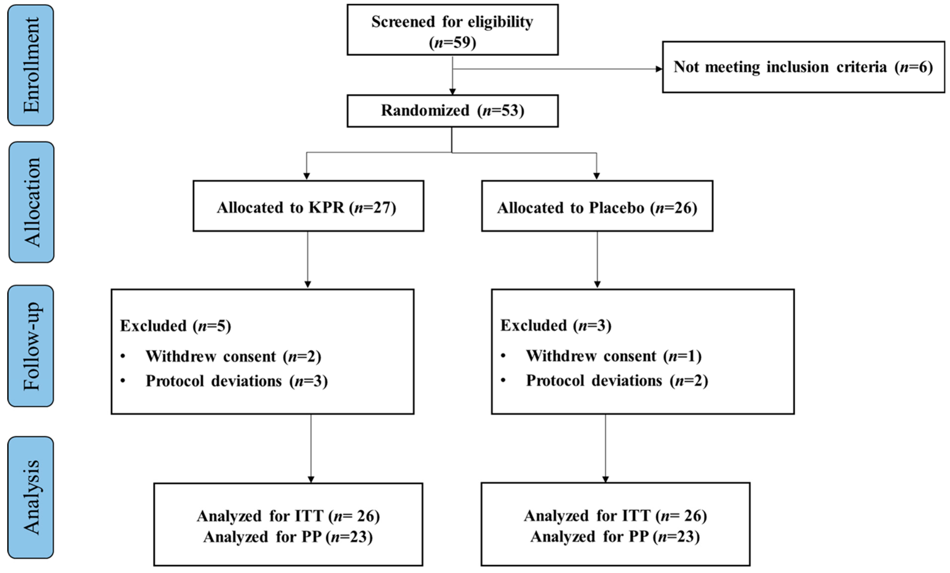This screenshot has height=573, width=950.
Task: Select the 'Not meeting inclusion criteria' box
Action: tap(803, 67)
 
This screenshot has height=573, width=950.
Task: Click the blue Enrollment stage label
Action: tap(31, 65)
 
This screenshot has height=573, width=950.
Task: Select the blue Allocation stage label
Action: tap(32, 202)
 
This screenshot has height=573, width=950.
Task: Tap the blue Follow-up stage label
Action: tap(31, 346)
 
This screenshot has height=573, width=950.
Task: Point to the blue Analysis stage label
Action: tap(31, 497)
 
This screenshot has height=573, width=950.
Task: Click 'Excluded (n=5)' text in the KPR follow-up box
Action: tap(175, 326)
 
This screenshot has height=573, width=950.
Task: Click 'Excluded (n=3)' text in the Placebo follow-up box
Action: tap(556, 326)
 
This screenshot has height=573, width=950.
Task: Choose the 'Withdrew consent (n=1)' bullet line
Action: tap(613, 356)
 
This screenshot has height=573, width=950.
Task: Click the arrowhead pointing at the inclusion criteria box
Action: tap(659, 69)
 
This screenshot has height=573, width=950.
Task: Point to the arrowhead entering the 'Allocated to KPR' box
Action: tap(307, 176)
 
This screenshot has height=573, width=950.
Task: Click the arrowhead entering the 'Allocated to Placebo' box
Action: tap(596, 176)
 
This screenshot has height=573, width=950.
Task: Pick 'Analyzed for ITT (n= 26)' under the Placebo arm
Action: tap(615, 516)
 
